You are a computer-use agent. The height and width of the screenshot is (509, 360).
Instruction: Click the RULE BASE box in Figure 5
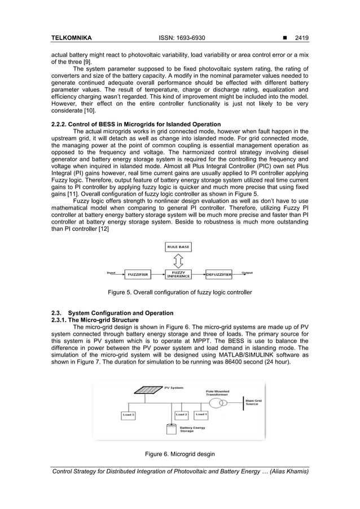178,247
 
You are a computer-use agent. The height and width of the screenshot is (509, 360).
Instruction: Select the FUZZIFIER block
137,274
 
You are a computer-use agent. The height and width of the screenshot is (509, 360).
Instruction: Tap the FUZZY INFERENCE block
178,274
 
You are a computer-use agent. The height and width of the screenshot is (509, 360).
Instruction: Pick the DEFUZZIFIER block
218,274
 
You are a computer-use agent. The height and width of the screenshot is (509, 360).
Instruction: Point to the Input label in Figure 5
112,272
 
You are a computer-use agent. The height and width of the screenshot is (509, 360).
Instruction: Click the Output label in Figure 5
247,272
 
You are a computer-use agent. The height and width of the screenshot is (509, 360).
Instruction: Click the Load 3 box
128,415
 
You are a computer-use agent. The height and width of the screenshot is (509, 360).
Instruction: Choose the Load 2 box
181,415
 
